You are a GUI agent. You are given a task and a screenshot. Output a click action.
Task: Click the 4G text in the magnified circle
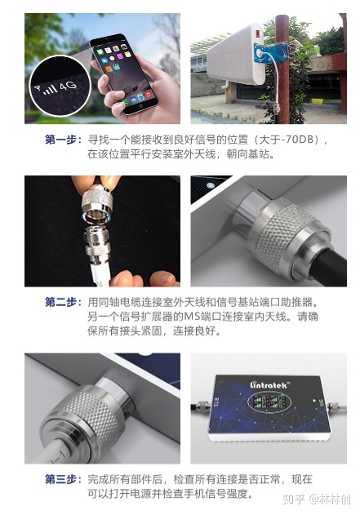pos(68,86)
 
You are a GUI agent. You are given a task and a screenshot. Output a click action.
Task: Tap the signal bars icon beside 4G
pos(50,89)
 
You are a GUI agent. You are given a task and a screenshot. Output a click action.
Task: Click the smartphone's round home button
pos(141,106)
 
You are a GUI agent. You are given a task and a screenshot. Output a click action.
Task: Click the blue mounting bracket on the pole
pos(271,52)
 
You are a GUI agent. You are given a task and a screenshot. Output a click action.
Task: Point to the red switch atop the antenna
pos(258,33)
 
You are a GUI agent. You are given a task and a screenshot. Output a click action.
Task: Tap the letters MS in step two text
pos(192,317)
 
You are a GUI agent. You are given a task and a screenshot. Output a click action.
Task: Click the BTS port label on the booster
pos(216,402)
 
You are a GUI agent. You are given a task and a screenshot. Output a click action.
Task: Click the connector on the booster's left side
pos(201,406)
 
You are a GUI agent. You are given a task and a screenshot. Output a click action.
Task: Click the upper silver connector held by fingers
pos(97,202)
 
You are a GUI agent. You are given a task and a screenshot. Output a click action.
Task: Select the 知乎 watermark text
pos(293,499)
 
